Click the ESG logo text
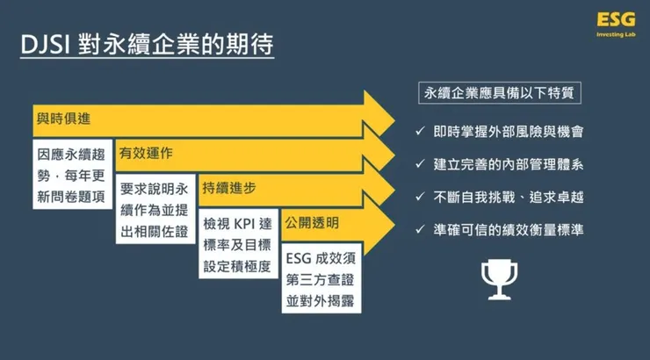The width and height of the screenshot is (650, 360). coord(610,20)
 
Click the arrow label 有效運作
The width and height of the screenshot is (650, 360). coord(146,153)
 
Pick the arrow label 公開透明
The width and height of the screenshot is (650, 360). coord(310,223)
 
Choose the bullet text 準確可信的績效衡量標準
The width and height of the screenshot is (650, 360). coord(509,231)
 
